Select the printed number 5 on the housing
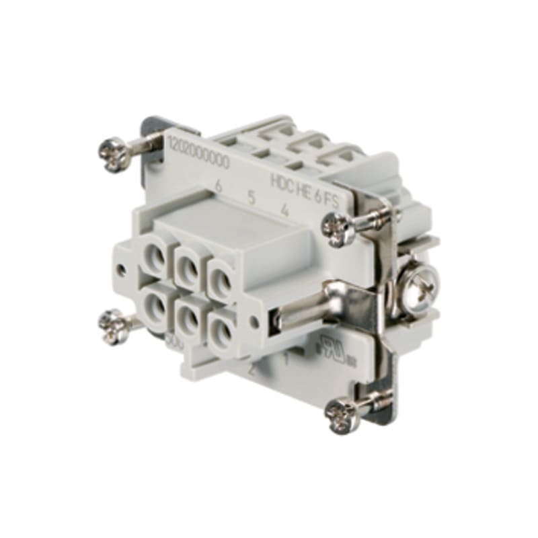(251, 198)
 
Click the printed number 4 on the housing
(285, 210)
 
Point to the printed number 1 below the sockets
(286, 358)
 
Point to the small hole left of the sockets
(122, 269)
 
